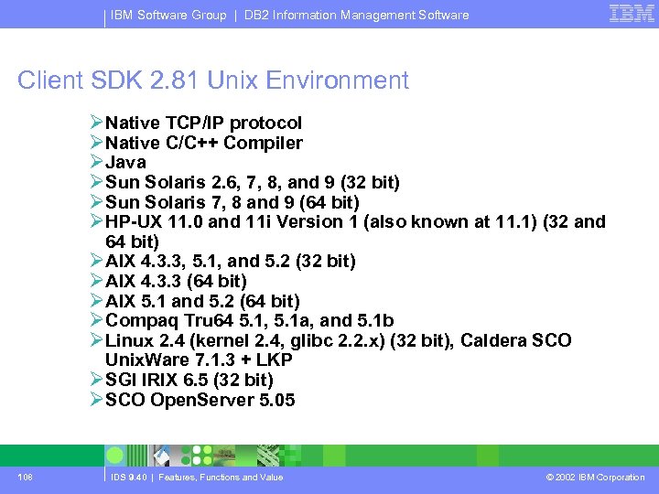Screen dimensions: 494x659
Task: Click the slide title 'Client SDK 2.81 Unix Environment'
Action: point(212,81)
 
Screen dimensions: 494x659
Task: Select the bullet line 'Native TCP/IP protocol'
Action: point(203,123)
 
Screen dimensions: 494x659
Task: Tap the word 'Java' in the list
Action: point(125,162)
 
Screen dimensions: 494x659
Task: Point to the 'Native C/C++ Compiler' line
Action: point(203,143)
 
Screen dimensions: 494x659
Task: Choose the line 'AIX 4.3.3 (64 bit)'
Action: point(176,281)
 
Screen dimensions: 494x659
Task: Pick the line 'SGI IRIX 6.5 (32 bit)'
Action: point(189,380)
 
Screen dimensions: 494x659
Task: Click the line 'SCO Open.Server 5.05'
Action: point(200,400)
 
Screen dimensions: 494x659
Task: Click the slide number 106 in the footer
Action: point(25,477)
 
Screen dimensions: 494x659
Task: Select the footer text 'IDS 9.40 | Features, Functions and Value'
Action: point(197,477)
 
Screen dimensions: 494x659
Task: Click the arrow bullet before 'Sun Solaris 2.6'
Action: point(97,182)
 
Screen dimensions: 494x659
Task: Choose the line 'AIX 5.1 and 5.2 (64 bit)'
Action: point(202,301)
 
